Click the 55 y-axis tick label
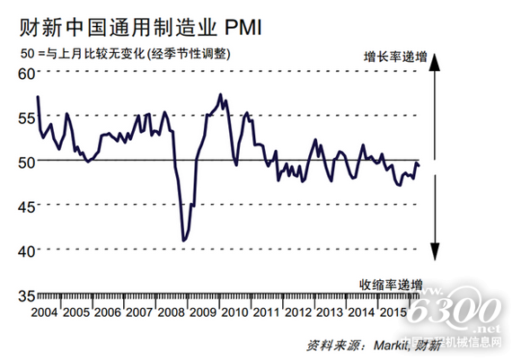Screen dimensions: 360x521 [27, 118]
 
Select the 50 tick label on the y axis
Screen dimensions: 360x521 [27, 162]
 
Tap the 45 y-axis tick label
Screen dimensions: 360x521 [27, 206]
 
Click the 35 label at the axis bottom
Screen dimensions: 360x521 [27, 294]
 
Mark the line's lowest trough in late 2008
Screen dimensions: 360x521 [184, 241]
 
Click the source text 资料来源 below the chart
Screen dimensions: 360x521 [336, 346]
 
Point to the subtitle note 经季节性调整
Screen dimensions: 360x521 [189, 53]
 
